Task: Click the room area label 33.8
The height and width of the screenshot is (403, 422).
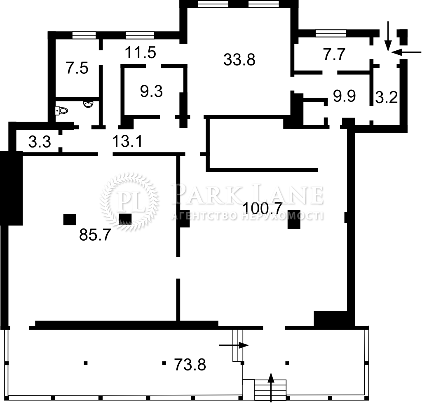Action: [x=239, y=59]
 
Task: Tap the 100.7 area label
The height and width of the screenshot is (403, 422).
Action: [x=263, y=208]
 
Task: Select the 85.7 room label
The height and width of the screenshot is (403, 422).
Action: [x=95, y=235]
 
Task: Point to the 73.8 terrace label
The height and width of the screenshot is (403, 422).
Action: [x=190, y=365]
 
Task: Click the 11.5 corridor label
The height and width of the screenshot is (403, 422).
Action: [x=141, y=52]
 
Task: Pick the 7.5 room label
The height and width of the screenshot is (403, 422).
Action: [x=77, y=68]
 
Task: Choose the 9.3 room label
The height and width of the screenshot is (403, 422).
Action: [x=151, y=91]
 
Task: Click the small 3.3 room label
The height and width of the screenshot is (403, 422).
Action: [x=40, y=142]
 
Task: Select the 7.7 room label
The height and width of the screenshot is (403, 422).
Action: [x=334, y=55]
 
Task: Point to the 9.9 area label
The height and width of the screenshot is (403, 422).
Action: [x=344, y=96]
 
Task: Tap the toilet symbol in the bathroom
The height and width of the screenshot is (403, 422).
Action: [x=61, y=110]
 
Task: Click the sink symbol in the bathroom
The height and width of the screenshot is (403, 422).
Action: [x=88, y=104]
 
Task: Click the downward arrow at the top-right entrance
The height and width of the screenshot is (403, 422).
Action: [x=387, y=36]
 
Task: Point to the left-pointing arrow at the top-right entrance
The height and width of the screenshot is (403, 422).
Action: [x=406, y=52]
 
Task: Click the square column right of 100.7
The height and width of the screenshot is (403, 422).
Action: [x=294, y=219]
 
